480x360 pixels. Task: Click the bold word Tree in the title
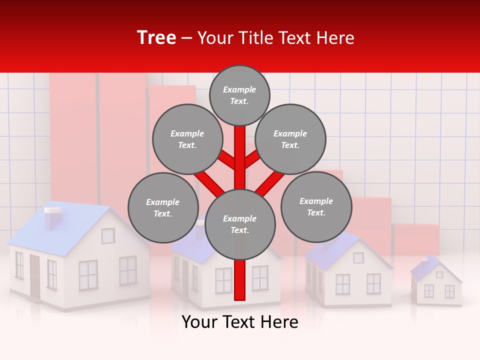[156, 38]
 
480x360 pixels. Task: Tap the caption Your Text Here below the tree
[240, 322]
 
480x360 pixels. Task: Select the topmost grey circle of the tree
[239, 95]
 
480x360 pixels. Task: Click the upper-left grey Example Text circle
[187, 139]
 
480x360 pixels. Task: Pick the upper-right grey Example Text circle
[290, 139]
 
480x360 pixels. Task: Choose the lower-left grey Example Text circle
[163, 208]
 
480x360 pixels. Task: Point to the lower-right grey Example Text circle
[316, 207]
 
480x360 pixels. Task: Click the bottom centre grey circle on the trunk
[240, 224]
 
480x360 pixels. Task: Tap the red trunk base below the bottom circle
[240, 280]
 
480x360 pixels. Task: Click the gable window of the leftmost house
[108, 235]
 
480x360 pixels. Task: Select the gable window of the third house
[358, 257]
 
